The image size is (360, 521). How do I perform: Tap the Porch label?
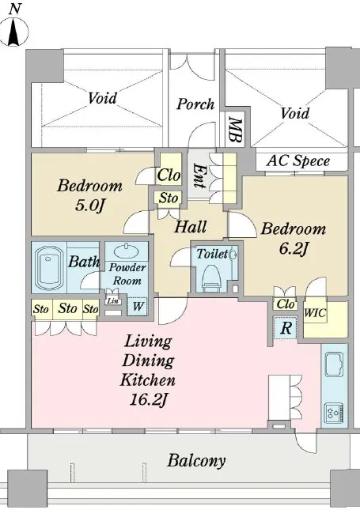[x=195, y=104]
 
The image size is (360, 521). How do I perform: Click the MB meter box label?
[x=236, y=130]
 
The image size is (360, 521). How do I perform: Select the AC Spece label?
[x=298, y=161]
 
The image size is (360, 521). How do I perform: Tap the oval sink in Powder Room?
[x=127, y=251]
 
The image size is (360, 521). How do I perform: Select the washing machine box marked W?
[x=138, y=306]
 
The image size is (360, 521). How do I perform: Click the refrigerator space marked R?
[x=286, y=328]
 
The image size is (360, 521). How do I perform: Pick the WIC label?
[x=315, y=313]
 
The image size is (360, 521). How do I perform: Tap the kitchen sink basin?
[x=334, y=364]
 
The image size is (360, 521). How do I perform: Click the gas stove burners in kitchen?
[x=334, y=413]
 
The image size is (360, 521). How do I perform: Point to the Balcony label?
[x=196, y=461]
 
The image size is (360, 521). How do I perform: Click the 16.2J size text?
[x=148, y=400]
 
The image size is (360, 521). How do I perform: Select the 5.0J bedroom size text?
[x=90, y=206]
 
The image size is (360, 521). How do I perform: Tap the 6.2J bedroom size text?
[x=292, y=249]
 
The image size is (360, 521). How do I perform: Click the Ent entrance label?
[x=199, y=176]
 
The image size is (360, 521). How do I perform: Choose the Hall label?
[x=191, y=227]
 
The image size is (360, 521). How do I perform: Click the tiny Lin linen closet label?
[x=112, y=301]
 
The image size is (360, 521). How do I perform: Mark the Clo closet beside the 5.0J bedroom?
[x=169, y=175]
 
